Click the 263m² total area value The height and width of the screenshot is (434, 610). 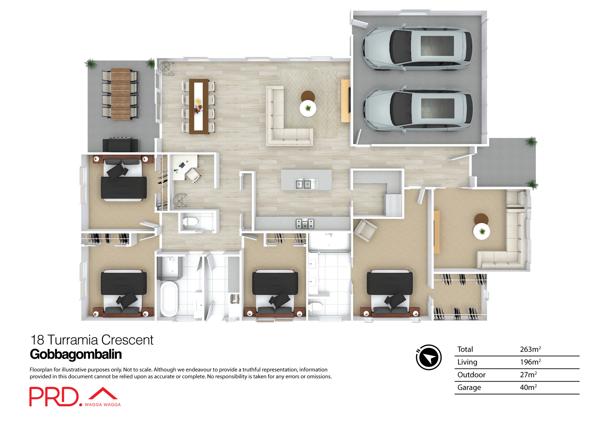pyautogui.click(x=530, y=349)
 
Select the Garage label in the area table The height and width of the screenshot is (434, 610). pyautogui.click(x=469, y=387)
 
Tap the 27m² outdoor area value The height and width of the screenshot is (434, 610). pyautogui.click(x=528, y=375)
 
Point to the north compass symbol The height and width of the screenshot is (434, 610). pyautogui.click(x=429, y=357)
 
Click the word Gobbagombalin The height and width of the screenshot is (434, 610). pyautogui.click(x=76, y=354)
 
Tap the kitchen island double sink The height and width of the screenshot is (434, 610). pyautogui.click(x=303, y=184)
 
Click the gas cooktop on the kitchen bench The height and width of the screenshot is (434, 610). pyautogui.click(x=305, y=224)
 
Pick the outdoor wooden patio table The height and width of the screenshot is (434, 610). pyautogui.click(x=120, y=94)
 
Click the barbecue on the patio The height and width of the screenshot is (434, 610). pyautogui.click(x=120, y=145)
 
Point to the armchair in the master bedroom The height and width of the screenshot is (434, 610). pyautogui.click(x=365, y=230)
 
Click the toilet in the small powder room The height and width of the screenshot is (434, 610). pyautogui.click(x=191, y=221)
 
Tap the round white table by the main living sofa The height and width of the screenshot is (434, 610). pyautogui.click(x=308, y=108)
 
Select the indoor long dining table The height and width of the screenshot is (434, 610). pyautogui.click(x=199, y=106)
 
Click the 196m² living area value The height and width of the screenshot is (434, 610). pyautogui.click(x=530, y=362)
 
